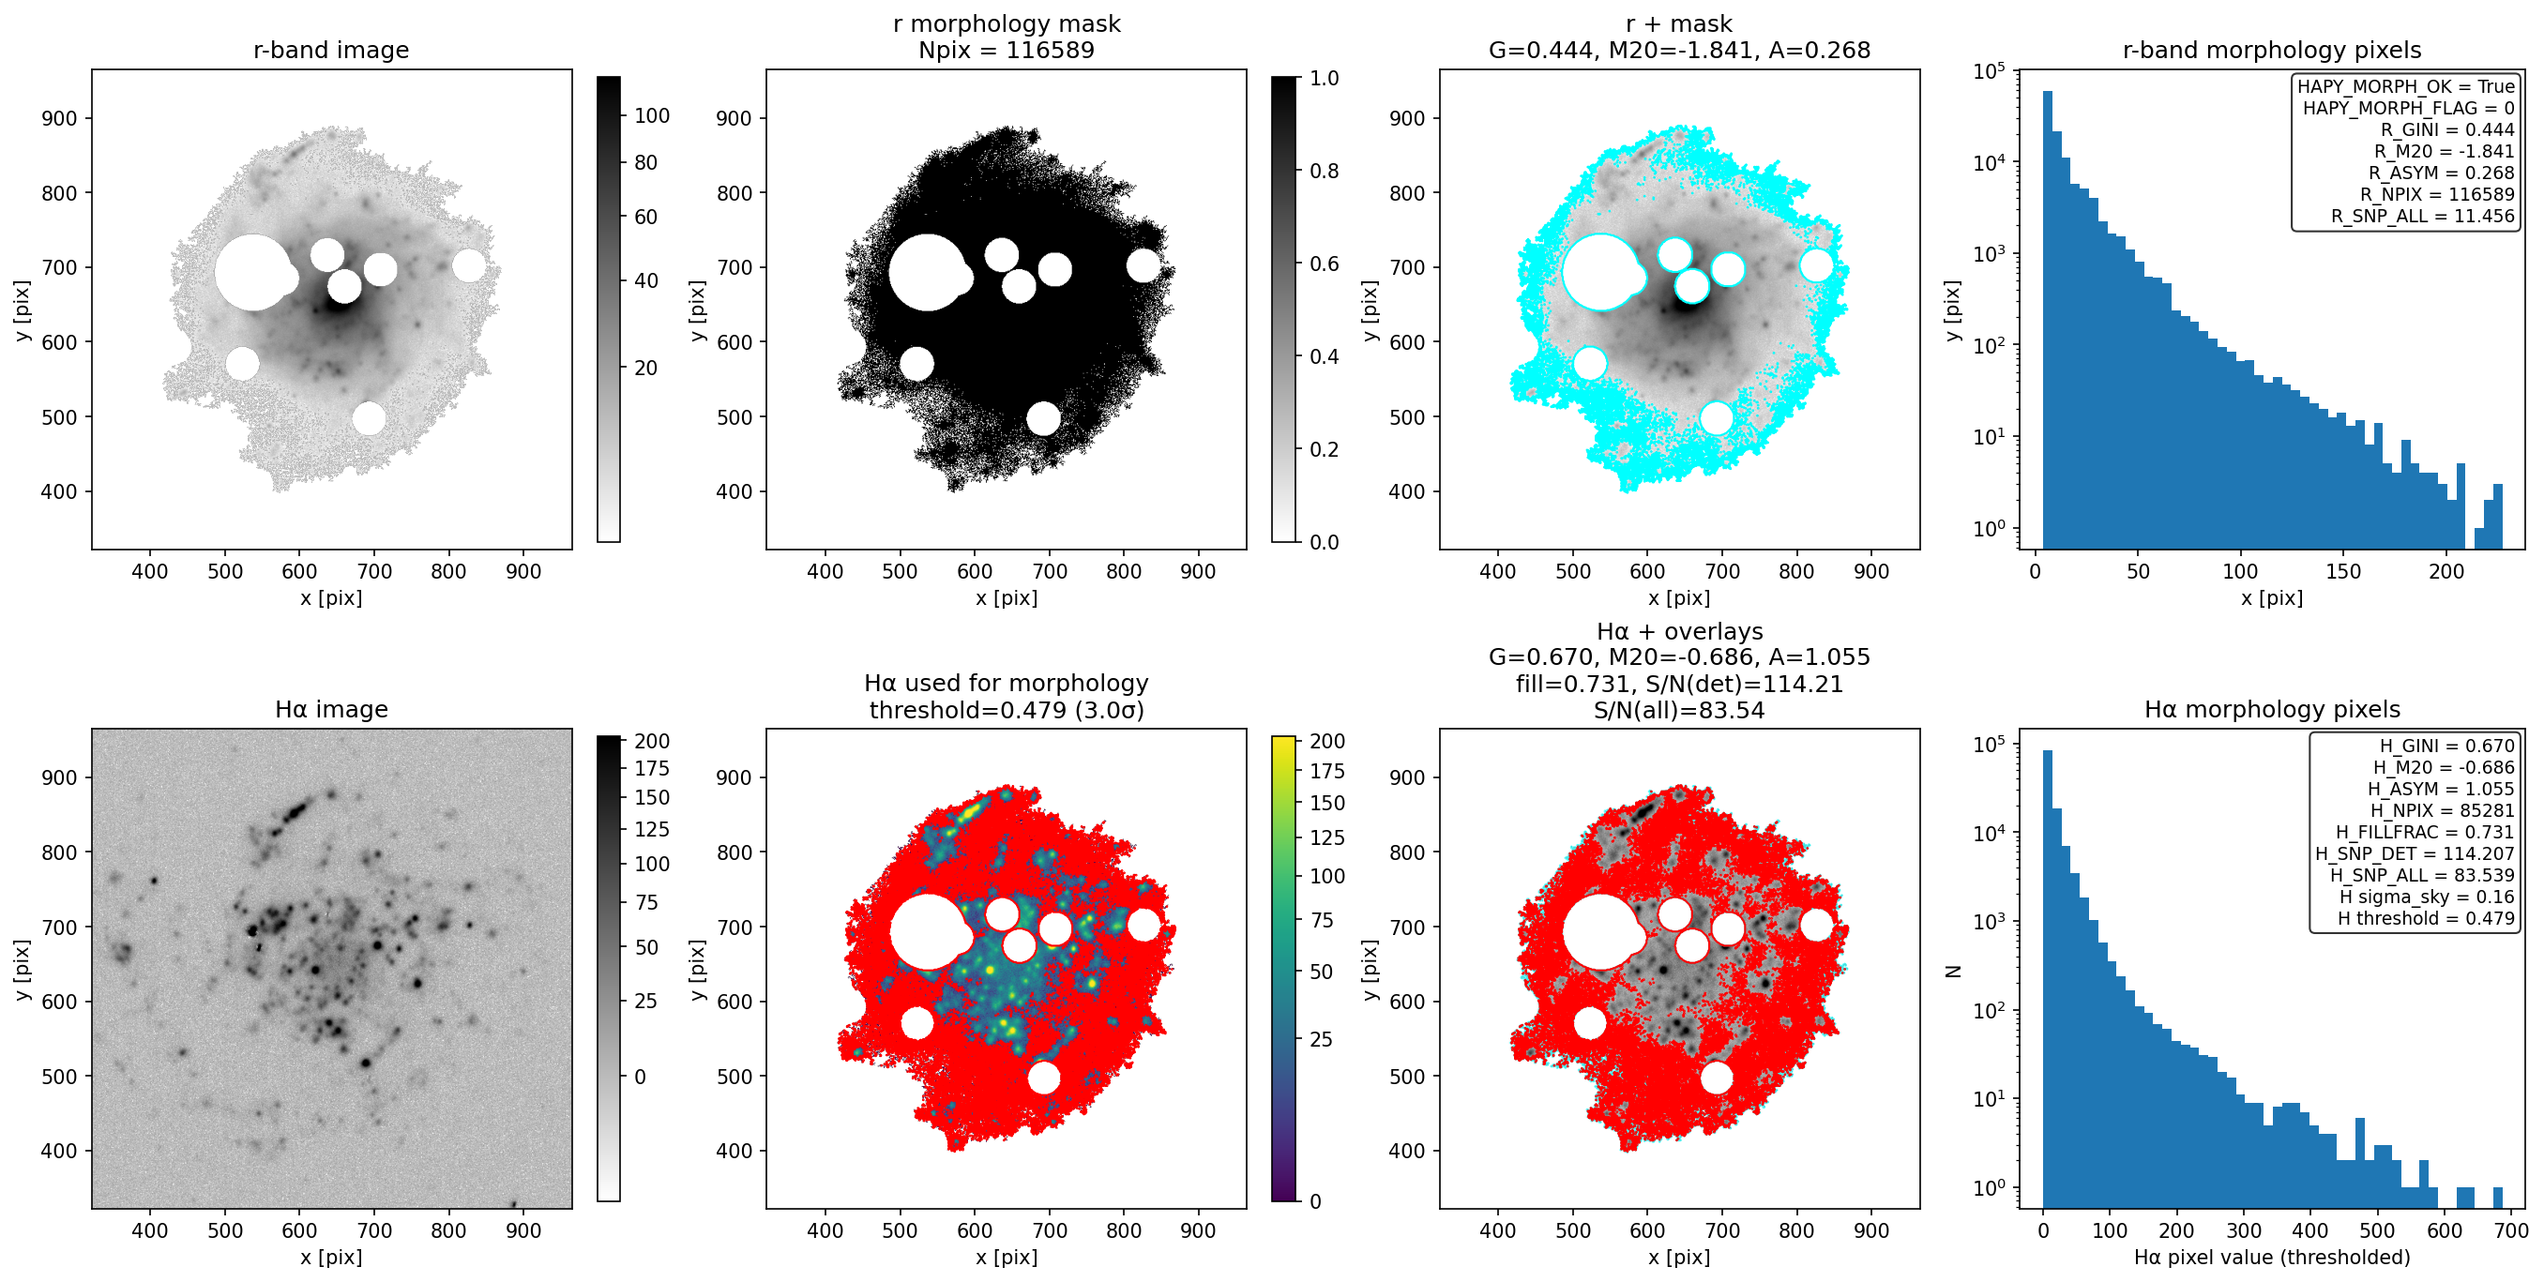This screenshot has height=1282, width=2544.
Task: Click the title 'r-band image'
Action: click(x=331, y=51)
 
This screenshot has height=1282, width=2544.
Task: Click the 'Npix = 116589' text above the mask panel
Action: click(x=1007, y=51)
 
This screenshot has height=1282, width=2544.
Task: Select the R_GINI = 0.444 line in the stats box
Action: click(x=2446, y=129)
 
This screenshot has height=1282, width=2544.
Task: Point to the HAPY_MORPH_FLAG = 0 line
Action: click(x=2409, y=108)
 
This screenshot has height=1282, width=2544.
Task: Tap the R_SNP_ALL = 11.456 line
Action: click(x=2423, y=216)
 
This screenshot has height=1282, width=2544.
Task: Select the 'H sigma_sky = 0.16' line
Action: click(x=2427, y=897)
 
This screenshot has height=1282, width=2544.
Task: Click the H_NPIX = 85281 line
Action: click(x=2443, y=810)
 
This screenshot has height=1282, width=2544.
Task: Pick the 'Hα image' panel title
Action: click(x=331, y=709)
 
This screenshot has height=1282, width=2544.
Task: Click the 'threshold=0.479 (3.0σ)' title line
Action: click(x=1007, y=710)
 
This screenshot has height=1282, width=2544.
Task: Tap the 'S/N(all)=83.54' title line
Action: click(x=1679, y=710)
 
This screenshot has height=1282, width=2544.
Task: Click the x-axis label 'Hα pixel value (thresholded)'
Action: click(x=2271, y=1258)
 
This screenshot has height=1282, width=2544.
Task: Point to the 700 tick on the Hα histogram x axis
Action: click(x=2510, y=1230)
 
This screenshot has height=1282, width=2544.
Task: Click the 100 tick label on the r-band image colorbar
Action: click(x=652, y=115)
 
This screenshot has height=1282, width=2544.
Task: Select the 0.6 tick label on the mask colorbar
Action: click(x=1325, y=264)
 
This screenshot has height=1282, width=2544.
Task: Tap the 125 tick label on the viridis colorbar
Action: click(x=1327, y=837)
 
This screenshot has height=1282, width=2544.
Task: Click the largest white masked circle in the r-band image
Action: click(x=254, y=273)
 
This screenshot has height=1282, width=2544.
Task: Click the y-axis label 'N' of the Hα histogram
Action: click(x=1952, y=971)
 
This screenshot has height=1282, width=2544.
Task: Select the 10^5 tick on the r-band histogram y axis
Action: click(x=1988, y=71)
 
